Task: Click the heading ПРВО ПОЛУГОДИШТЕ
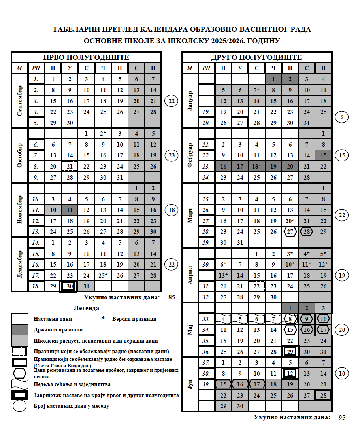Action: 86,57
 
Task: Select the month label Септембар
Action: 19,101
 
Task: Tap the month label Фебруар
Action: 190,155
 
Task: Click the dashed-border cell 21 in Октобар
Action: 70,167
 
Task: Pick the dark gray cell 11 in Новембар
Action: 70,210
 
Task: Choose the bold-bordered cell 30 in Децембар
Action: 70,286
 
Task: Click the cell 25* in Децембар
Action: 103,275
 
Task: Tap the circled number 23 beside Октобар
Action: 172,155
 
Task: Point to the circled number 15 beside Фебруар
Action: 342,155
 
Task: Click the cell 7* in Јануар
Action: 257,90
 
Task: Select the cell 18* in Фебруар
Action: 257,167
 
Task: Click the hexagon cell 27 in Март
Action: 290,232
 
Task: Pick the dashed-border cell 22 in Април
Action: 257,286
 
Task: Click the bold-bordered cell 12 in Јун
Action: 290,373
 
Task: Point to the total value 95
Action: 342,417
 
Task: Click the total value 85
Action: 172,297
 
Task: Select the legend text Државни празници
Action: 58,329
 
